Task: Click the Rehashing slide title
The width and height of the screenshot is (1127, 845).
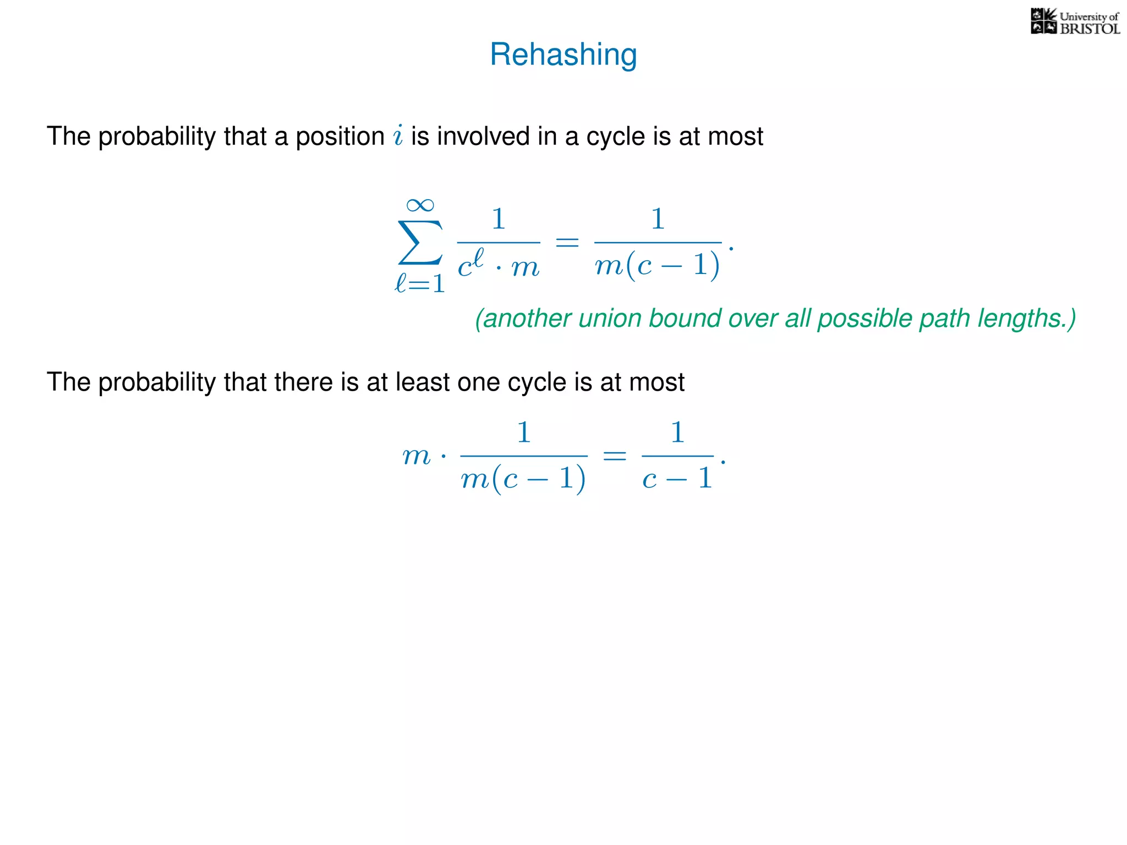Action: [x=563, y=54]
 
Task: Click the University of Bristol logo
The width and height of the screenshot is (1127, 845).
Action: [x=1075, y=22]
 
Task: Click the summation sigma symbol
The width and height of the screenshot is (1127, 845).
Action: [x=420, y=243]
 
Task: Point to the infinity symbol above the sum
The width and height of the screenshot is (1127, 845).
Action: [x=420, y=205]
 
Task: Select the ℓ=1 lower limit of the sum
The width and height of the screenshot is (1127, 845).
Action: [x=420, y=284]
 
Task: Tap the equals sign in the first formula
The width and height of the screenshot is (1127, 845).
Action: [x=567, y=242]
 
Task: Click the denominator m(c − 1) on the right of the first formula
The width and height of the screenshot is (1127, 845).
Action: [x=657, y=266]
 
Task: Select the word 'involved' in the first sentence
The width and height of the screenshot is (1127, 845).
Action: [x=484, y=136]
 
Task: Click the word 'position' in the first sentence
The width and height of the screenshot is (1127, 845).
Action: [x=340, y=136]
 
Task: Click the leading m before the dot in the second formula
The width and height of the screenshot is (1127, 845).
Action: [x=417, y=456]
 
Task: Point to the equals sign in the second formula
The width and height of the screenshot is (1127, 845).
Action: [x=615, y=456]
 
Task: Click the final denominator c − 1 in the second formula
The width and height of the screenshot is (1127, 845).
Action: [x=677, y=478]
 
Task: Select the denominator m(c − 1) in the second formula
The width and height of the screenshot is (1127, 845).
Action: [x=523, y=479]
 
